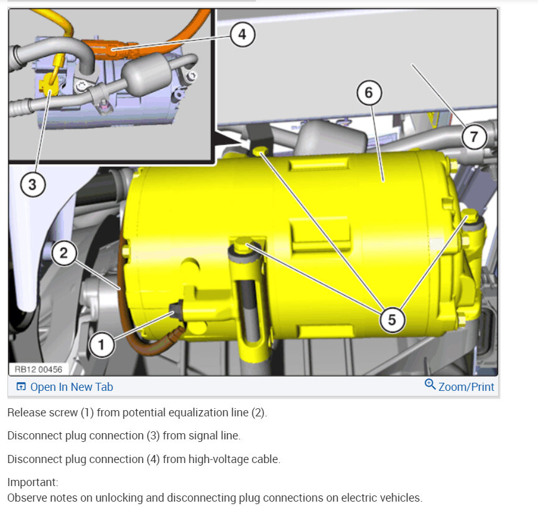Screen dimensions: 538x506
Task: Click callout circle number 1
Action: click(x=101, y=345)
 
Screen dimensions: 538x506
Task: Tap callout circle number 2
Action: click(x=64, y=253)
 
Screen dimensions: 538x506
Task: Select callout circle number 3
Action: click(x=32, y=185)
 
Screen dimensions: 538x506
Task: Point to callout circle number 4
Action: click(x=242, y=34)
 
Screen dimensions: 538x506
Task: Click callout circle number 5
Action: click(x=392, y=320)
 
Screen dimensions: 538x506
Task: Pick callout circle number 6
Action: click(x=369, y=93)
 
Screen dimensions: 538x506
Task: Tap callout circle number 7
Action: click(x=474, y=137)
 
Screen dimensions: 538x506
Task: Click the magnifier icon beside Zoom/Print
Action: click(x=430, y=384)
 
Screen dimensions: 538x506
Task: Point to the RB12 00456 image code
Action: click(x=38, y=369)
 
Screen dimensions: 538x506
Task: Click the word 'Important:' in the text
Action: click(x=32, y=482)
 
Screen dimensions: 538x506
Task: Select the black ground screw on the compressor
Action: click(x=177, y=310)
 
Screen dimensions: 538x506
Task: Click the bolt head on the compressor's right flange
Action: click(x=471, y=216)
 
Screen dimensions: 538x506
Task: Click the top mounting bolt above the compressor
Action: click(x=260, y=151)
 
